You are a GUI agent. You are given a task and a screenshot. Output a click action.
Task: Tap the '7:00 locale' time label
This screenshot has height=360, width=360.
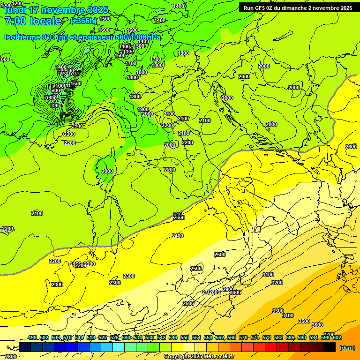click(33, 21)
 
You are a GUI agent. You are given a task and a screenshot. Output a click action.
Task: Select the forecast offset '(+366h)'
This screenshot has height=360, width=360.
click(83, 21)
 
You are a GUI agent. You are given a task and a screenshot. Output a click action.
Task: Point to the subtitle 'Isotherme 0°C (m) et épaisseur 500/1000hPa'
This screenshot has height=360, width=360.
click(82, 37)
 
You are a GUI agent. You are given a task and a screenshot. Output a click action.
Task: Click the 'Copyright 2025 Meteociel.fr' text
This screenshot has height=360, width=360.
click(199, 357)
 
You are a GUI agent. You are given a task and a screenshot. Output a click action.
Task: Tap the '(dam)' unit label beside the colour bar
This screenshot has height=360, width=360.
click(347, 348)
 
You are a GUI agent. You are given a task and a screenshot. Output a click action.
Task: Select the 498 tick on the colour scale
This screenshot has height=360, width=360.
click(32, 337)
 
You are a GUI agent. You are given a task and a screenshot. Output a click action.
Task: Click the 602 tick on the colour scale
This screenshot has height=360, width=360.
click(337, 337)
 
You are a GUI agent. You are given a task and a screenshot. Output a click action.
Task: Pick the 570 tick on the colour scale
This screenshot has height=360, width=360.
click(243, 337)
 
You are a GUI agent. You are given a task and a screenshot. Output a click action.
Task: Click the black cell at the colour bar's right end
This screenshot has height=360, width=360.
click(330, 347)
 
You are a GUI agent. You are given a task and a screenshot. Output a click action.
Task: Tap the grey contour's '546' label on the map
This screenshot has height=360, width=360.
click(178, 214)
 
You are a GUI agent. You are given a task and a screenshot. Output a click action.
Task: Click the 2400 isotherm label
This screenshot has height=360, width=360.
click(178, 236)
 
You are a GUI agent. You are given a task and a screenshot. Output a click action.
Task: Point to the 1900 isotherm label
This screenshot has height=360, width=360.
click(143, 109)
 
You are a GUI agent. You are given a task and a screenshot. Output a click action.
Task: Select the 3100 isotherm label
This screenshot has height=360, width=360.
click(268, 275)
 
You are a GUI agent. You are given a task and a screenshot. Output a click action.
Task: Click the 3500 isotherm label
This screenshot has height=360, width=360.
click(304, 321)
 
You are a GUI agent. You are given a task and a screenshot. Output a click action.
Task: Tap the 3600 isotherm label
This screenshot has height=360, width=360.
click(317, 325)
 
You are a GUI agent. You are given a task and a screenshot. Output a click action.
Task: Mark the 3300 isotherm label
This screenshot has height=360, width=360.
click(278, 311)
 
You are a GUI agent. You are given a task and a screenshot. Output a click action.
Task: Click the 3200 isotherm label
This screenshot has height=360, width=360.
click(277, 283)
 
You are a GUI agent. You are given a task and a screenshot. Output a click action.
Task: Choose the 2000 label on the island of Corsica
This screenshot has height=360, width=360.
click(107, 171)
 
